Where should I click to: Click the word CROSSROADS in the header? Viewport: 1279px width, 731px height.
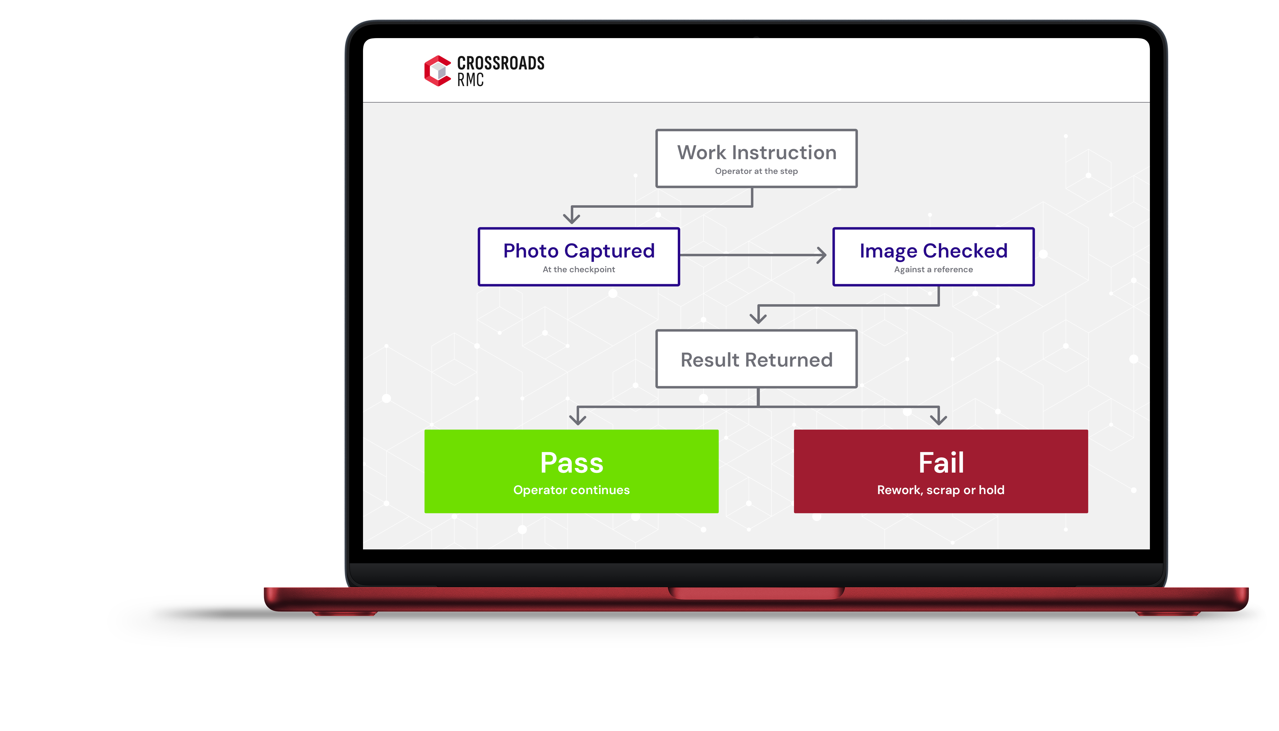501,63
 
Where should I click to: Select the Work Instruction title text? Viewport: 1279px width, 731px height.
757,152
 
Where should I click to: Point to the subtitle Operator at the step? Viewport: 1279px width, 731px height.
756,171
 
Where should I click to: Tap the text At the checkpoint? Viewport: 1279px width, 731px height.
579,269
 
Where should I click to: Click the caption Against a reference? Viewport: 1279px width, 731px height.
934,269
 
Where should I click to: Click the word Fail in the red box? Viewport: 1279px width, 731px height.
941,462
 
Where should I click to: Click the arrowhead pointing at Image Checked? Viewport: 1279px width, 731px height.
822,255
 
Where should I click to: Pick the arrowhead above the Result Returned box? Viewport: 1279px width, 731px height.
758,318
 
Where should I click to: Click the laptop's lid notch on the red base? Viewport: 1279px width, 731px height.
756,593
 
